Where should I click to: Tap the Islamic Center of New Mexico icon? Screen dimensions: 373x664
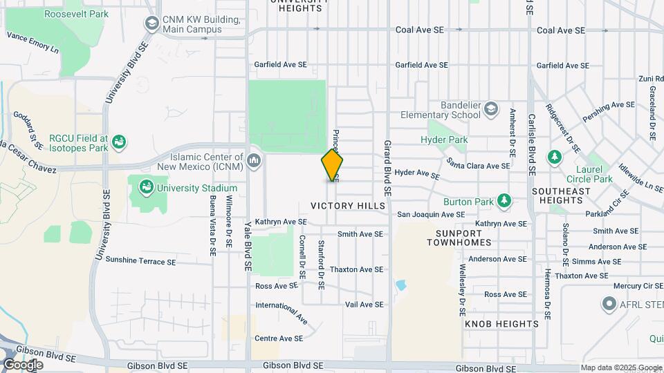coord(254,161)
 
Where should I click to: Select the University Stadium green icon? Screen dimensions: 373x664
coord(145,187)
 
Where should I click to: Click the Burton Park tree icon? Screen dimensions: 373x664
coord(505,202)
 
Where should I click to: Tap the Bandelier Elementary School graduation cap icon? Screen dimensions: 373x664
coord(490,109)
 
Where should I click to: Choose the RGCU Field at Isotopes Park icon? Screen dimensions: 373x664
coord(120,142)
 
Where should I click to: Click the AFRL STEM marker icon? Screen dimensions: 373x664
coord(609,303)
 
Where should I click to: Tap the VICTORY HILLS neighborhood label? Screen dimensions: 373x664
coord(348,206)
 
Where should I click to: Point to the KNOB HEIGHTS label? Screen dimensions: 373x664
coord(501,323)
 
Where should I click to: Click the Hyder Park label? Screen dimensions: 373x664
coord(444,140)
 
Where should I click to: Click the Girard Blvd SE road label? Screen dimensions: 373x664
coord(387,169)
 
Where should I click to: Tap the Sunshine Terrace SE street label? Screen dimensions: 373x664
coord(140,262)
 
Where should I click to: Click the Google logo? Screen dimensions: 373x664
coord(23,364)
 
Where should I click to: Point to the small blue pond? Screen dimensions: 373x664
coord(400,285)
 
